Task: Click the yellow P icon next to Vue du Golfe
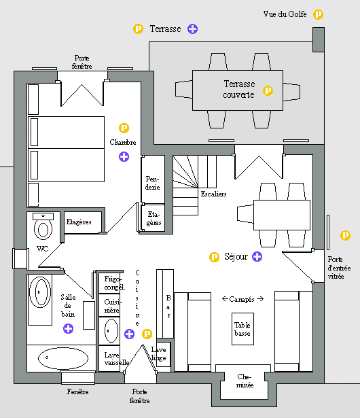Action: (x=318, y=14)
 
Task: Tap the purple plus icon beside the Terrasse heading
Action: (x=192, y=29)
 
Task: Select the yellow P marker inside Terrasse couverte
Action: (x=268, y=90)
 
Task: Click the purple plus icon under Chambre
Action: (x=124, y=157)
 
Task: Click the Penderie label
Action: (x=152, y=183)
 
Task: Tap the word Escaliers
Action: (x=214, y=194)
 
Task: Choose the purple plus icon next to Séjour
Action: (x=257, y=256)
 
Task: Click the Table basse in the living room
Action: (x=242, y=329)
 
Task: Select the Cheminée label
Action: (x=245, y=381)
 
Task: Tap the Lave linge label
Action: (x=159, y=353)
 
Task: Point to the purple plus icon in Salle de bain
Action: (x=68, y=328)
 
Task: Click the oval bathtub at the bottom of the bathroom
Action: (x=63, y=358)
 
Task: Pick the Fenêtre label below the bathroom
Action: (x=78, y=391)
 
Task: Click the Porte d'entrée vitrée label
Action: (x=339, y=268)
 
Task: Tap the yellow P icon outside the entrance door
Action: (x=345, y=235)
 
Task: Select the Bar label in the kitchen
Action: (x=168, y=307)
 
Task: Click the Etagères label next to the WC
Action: (x=79, y=222)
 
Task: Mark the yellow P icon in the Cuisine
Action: (x=147, y=334)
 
